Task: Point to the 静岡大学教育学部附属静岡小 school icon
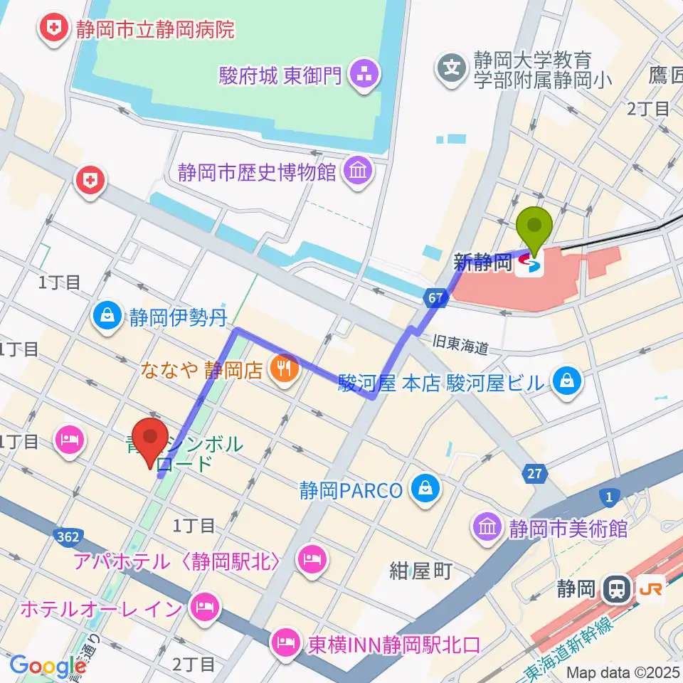(x=452, y=69)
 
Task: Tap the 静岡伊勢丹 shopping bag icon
(x=108, y=315)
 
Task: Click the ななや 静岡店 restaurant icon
(x=282, y=369)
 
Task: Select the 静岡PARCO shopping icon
(x=425, y=490)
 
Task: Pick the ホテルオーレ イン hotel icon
(x=204, y=608)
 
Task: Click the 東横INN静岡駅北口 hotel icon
(x=285, y=645)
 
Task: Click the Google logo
(x=48, y=666)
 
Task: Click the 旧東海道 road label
(x=462, y=346)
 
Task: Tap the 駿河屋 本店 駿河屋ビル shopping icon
(x=569, y=383)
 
